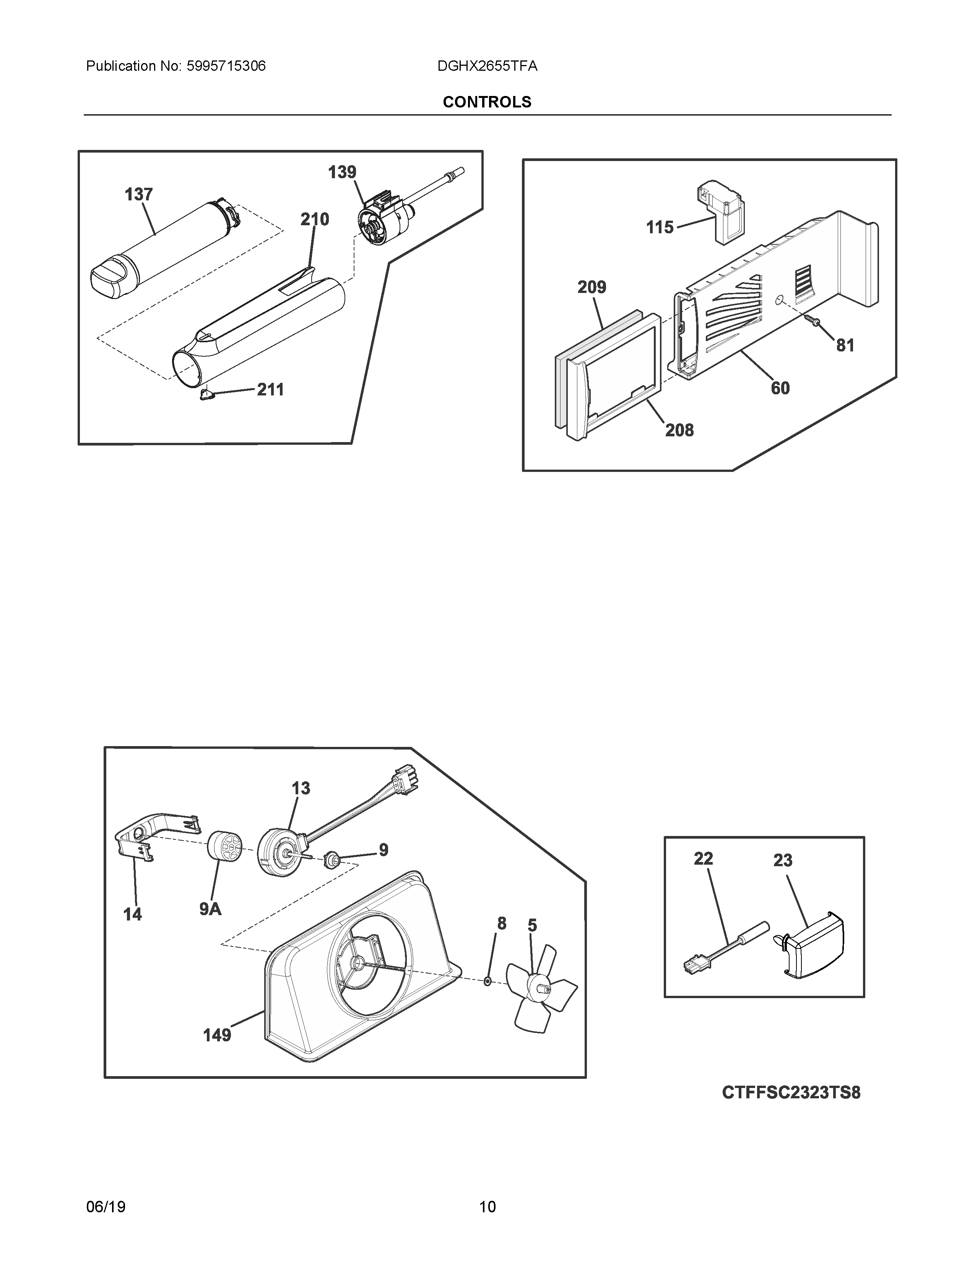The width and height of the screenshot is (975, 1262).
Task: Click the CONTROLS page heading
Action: [x=487, y=102]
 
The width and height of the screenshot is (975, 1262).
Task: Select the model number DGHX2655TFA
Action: [x=487, y=67]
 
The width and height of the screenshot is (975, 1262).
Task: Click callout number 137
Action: [x=139, y=195]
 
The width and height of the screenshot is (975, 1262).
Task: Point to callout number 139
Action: [x=342, y=172]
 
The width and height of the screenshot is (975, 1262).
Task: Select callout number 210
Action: [x=314, y=220]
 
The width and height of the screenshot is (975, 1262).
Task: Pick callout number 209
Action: [x=592, y=287]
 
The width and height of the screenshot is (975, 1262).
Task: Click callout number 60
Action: [x=780, y=388]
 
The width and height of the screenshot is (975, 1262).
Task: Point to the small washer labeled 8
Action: [x=487, y=981]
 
